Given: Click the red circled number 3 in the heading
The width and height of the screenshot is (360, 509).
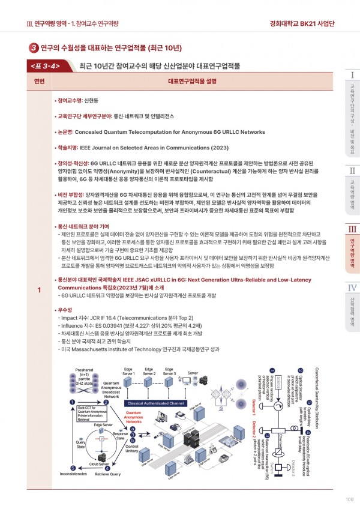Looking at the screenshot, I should pyautogui.click(x=34, y=47).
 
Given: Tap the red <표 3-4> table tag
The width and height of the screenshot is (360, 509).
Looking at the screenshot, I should pyautogui.click(x=44, y=65).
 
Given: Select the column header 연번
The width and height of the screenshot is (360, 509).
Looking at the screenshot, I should pyautogui.click(x=39, y=81).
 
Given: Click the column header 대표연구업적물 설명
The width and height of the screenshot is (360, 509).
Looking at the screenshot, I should pyautogui.click(x=192, y=81).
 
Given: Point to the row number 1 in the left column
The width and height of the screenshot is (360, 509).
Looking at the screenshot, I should pyautogui.click(x=39, y=291).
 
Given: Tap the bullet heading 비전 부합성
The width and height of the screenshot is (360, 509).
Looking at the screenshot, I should pyautogui.click(x=69, y=194).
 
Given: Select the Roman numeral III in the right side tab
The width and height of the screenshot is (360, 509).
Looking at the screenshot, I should pyautogui.click(x=352, y=228).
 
